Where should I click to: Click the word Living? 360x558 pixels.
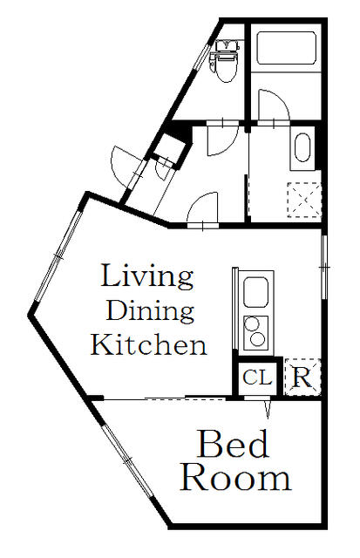coord(147,276)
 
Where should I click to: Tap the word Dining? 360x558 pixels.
coord(150,310)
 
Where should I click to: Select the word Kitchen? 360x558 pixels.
coord(149,344)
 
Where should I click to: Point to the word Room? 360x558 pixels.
coord(235,479)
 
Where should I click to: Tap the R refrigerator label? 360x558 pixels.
coord(302,378)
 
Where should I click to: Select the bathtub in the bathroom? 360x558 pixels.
coord(286,48)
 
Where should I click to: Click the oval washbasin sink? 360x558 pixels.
coord(302,147)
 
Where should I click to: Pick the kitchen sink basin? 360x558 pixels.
coord(255,292)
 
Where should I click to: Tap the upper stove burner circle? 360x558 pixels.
coord(252,323)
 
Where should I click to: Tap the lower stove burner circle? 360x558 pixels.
coord(257,339)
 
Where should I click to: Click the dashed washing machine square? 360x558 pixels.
coord(304,200)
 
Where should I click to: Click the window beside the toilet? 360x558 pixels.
coord(202,57)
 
